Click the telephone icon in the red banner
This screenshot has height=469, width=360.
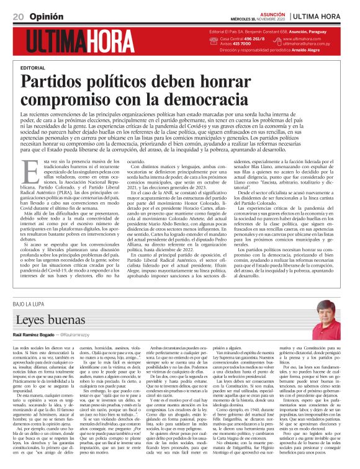[x=214, y=42]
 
